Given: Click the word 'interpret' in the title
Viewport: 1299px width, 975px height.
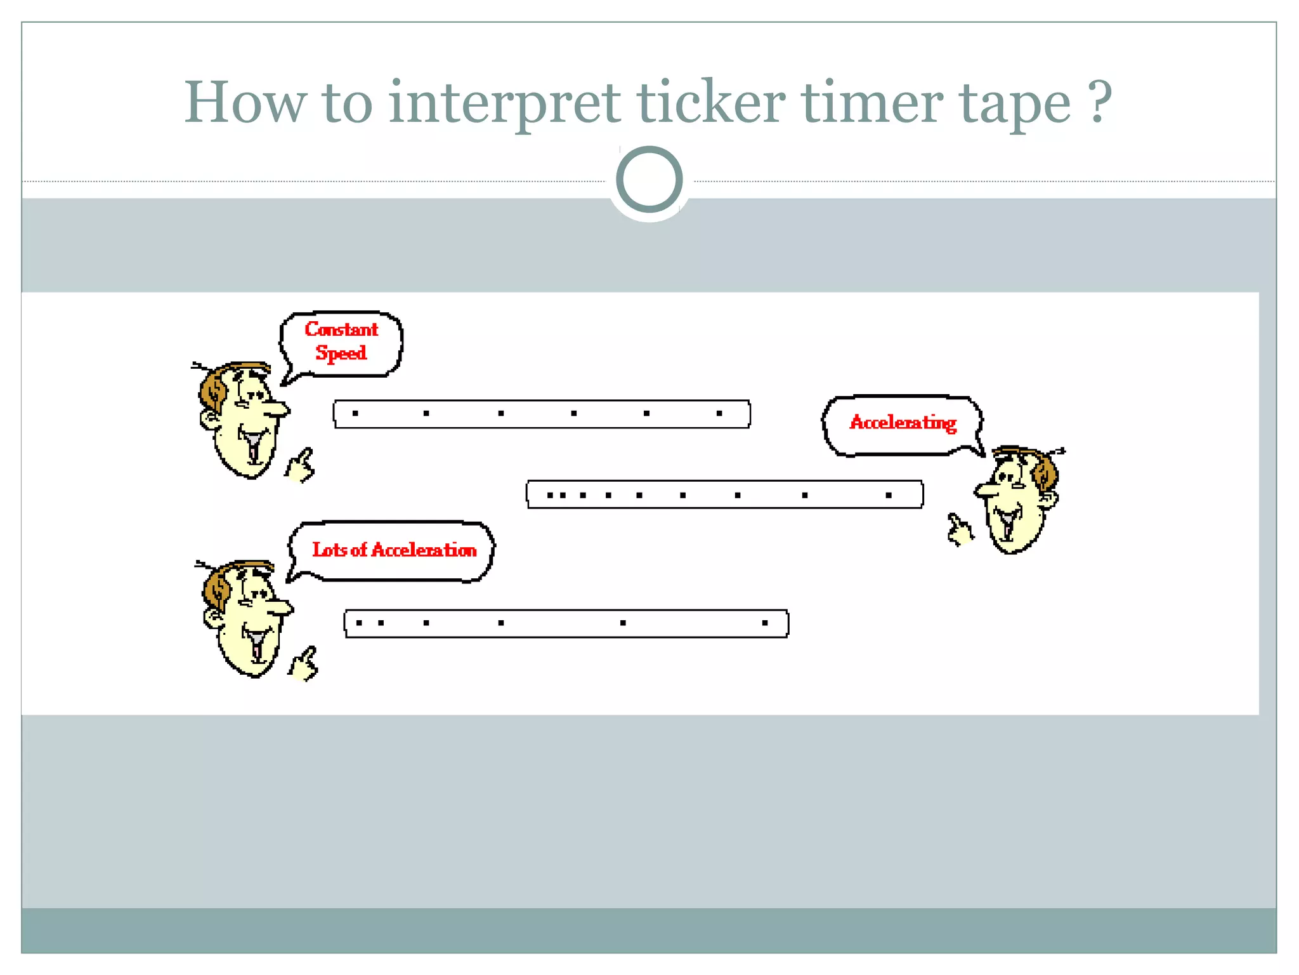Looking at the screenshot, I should [504, 103].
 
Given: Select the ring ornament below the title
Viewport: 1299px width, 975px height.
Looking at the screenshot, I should [649, 179].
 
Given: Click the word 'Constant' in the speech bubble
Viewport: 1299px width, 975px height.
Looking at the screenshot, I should [341, 329].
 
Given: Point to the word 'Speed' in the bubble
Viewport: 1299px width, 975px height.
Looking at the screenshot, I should [341, 353].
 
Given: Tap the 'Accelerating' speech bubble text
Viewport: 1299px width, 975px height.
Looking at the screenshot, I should [903, 423].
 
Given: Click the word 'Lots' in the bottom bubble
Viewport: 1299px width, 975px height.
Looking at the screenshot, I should [329, 550].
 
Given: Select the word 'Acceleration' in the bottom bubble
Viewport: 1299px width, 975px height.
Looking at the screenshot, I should [424, 550].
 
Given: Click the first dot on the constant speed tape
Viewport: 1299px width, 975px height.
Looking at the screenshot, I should [355, 413].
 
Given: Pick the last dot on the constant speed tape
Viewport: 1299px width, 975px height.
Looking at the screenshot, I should [719, 413].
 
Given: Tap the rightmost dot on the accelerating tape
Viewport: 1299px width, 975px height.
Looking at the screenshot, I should [889, 495].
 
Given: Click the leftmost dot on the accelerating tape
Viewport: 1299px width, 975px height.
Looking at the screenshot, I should [550, 495].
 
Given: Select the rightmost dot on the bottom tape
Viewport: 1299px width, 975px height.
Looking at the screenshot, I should [765, 623].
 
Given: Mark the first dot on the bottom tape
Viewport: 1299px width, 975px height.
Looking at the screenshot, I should [359, 623].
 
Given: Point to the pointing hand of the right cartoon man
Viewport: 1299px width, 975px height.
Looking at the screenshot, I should [960, 531].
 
